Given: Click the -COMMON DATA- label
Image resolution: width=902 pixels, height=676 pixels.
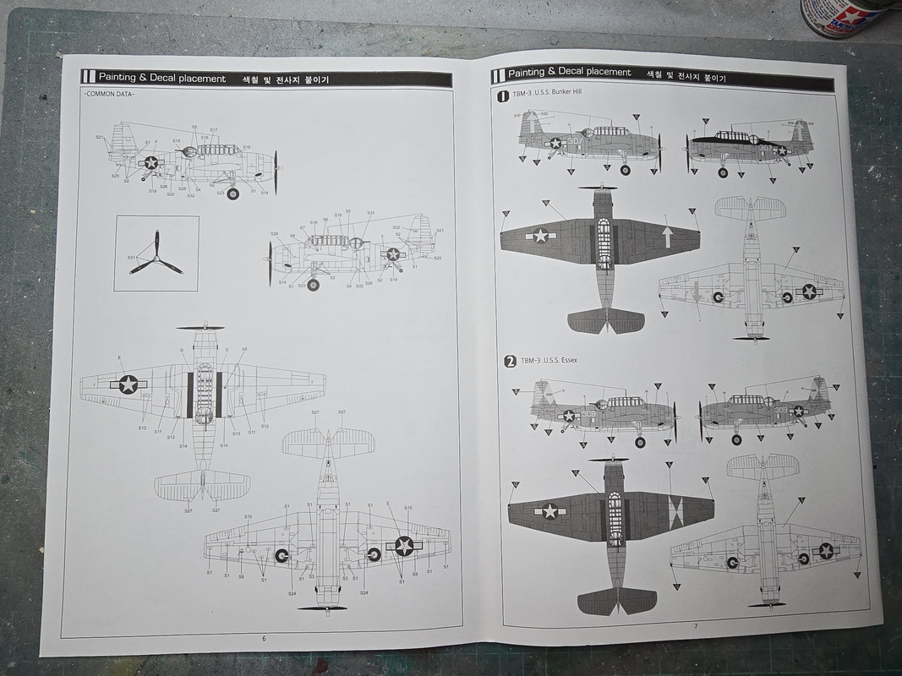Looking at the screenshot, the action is click(110, 94).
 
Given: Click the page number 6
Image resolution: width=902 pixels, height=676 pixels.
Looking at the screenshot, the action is click(264, 638).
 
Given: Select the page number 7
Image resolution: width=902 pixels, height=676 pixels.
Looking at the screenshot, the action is click(696, 626).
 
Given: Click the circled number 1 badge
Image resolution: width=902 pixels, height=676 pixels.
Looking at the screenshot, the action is click(503, 96).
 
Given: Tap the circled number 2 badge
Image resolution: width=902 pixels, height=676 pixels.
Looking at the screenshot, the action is click(510, 362).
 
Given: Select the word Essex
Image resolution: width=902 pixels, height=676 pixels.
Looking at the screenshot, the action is click(566, 360).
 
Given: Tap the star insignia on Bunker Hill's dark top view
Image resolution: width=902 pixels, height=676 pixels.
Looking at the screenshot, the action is click(539, 236).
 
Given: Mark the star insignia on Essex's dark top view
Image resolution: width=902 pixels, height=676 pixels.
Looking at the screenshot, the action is click(550, 511).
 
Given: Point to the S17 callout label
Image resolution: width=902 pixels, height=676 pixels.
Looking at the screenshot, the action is click(214, 130).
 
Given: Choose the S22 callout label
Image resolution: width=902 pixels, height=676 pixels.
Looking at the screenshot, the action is click(396, 228).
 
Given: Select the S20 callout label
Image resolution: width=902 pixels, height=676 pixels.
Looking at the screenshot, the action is click(171, 194).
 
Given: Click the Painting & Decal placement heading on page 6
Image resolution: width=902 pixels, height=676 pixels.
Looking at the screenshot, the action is click(161, 79).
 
